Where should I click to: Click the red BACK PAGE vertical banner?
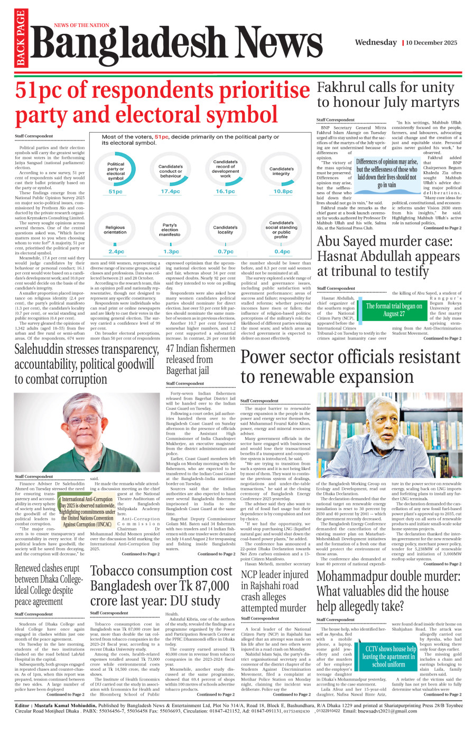pyautogui.click(x=21, y=38)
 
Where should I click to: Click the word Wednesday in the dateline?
pyautogui.click(x=376, y=42)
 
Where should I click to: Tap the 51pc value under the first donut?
pyautogui.click(x=115, y=192)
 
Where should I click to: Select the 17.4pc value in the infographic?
pyautogui.click(x=170, y=192)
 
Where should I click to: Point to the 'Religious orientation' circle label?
pyautogui.click(x=115, y=230)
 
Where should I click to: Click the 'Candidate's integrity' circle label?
pyautogui.click(x=281, y=171)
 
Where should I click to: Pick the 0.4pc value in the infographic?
pyautogui.click(x=282, y=252)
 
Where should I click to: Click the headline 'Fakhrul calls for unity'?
pyautogui.click(x=385, y=87)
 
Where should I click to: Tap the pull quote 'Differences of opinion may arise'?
pyautogui.click(x=387, y=173)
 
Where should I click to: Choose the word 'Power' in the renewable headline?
pyautogui.click(x=263, y=358)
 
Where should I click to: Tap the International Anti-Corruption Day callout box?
pyautogui.click(x=88, y=512)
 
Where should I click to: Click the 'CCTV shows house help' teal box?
pyautogui.click(x=389, y=656)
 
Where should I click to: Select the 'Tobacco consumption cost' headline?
pyautogui.click(x=161, y=571)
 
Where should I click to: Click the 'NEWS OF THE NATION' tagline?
pyautogui.click(x=81, y=25)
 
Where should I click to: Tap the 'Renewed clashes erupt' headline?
pyautogui.click(x=47, y=568)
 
